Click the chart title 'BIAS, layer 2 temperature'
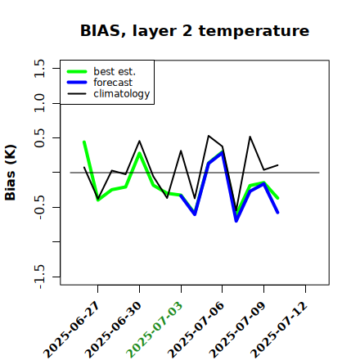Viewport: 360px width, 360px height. point(195,30)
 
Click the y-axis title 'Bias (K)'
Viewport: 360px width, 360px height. point(11,173)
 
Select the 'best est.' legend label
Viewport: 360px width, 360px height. point(115,71)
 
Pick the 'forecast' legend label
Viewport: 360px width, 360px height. point(113,83)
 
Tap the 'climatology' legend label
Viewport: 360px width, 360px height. point(122,94)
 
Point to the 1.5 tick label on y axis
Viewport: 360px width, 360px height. point(39,68)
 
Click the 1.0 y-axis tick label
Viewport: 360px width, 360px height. point(39,103)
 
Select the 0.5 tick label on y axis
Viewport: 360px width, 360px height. point(39,138)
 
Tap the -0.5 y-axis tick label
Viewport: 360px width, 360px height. point(39,207)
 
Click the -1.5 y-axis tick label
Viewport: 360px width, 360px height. point(39,277)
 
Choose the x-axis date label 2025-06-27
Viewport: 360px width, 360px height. point(72,330)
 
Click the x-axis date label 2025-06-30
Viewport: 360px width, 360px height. point(114,330)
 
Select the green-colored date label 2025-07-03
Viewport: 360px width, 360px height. point(155,330)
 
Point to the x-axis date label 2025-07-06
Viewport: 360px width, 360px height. point(196,330)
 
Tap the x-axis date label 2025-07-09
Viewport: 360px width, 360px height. point(237,330)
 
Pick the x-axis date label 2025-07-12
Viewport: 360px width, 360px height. point(279,330)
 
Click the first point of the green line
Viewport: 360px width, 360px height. point(84,142)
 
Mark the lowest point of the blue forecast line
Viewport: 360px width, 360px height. point(236,221)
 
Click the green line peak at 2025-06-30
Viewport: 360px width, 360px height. point(139,153)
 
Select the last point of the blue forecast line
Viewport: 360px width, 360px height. point(278,213)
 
